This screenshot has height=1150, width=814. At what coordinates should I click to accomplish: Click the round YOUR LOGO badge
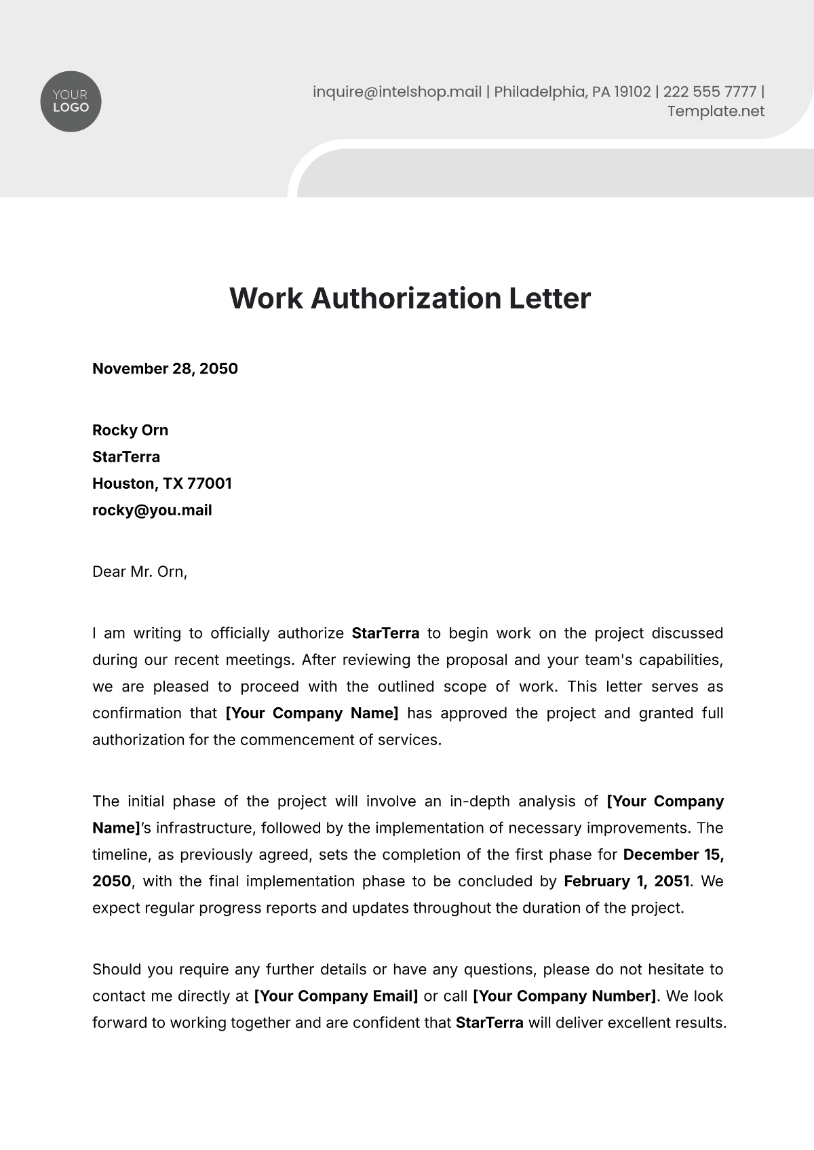tap(71, 102)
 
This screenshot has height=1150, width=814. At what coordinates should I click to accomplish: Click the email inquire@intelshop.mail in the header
tap(397, 92)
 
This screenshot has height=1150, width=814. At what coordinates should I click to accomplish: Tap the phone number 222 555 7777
tap(709, 92)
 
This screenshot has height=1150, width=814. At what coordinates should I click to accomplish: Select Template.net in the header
tap(716, 111)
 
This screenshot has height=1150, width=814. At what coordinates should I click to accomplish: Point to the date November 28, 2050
tap(165, 369)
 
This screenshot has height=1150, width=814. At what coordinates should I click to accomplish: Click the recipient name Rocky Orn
tap(130, 431)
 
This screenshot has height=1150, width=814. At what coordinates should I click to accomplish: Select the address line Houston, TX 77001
tap(162, 483)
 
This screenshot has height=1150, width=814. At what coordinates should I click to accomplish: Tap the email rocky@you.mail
tap(152, 511)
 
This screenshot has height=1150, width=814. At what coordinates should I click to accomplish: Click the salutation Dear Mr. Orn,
tap(140, 572)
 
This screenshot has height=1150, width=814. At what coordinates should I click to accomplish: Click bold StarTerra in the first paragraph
tap(385, 633)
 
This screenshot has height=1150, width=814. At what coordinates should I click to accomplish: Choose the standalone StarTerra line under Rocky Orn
tap(126, 457)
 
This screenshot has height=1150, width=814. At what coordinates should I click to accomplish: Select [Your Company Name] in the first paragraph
tap(312, 713)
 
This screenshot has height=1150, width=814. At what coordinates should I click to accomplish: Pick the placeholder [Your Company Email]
tap(336, 996)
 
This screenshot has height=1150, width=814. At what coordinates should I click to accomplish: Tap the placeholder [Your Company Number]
tap(564, 996)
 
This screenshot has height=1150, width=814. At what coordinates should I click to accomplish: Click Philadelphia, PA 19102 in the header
tap(572, 92)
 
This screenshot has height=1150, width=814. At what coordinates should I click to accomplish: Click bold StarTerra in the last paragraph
tap(489, 1023)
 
